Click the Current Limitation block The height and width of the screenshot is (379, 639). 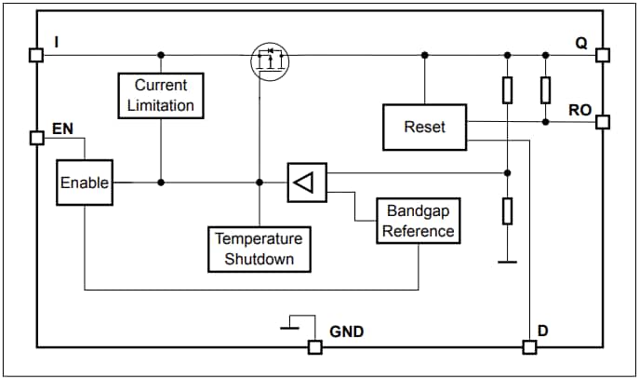pos(161,95)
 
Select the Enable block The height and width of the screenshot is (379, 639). pos(84,183)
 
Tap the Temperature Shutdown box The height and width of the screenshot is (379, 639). pos(259,249)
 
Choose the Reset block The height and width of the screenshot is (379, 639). pos(424,127)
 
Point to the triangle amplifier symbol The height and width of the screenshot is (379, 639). pos(307,183)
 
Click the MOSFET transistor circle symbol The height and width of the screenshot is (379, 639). pos(271,61)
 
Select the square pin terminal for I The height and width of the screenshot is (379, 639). pos(36,55)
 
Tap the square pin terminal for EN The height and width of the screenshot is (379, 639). pos(36,138)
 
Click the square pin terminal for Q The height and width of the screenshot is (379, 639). pos(602,55)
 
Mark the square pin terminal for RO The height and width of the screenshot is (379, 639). pos(602,121)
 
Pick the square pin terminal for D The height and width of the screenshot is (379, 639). pos(529,346)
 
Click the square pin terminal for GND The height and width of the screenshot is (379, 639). pos(315,346)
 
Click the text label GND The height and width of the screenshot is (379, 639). pos(346,331)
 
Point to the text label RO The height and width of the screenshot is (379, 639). pos(579,109)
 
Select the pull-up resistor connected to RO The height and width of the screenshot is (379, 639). pos(545,90)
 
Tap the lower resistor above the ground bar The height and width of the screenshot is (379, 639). pos(507,211)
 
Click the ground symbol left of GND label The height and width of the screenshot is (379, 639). pos(290,325)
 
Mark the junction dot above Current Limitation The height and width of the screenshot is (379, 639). pos(161,55)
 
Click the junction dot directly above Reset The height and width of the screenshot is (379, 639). pos(424,55)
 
